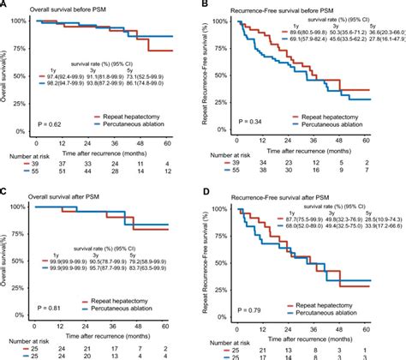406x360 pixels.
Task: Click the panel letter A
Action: [4, 5]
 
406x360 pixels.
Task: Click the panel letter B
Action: [209, 5]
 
